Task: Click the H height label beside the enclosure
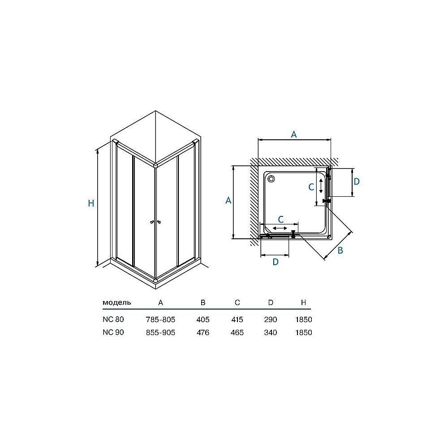click(91, 203)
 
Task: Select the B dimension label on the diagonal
click(340, 250)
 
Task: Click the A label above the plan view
click(294, 134)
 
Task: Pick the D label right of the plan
click(357, 181)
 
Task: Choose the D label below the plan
click(276, 262)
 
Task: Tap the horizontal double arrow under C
click(280, 228)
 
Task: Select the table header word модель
click(117, 302)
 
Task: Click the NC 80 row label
click(113, 319)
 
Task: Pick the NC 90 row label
click(113, 332)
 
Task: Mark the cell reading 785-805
click(160, 320)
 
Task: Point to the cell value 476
click(203, 333)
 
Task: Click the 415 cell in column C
click(237, 320)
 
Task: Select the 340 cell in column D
click(271, 333)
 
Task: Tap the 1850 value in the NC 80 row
click(303, 320)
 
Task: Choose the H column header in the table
click(303, 302)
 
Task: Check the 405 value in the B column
click(203, 320)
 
